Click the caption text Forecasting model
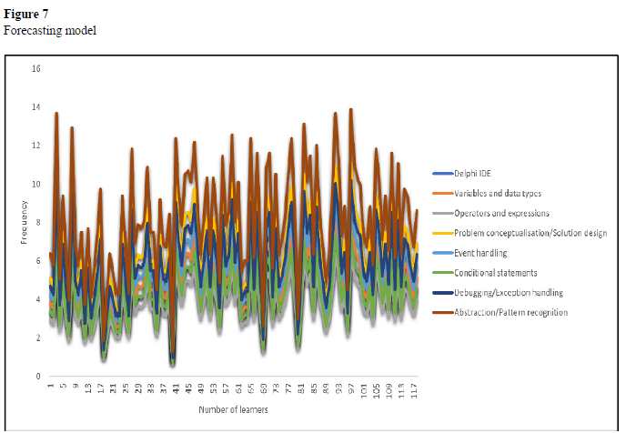point(50,30)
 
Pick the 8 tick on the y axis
point(37,222)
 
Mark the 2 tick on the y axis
point(37,337)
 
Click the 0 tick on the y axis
point(37,376)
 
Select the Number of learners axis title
point(233,409)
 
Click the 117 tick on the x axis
point(414,390)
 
